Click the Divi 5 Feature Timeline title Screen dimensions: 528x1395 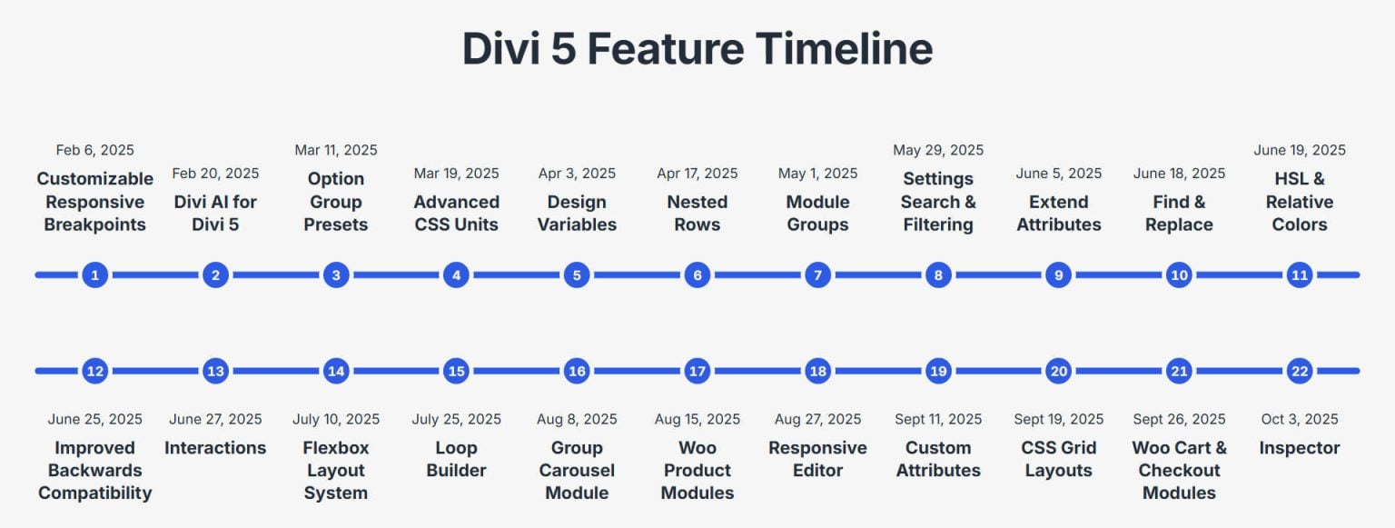pos(697,48)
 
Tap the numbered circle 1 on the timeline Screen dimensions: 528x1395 pos(95,274)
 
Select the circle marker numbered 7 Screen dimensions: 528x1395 pos(817,274)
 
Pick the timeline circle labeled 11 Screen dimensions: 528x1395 pos(1300,274)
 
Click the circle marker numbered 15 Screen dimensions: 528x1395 pos(456,371)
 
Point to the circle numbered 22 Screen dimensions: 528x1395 pos(1300,371)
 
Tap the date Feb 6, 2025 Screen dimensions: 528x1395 pos(95,150)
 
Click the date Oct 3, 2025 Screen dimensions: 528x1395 pos(1300,419)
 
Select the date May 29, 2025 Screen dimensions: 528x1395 pos(938,150)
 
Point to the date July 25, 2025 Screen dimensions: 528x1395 pos(456,419)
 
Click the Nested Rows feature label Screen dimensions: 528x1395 pos(697,213)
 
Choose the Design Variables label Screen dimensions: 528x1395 pos(577,213)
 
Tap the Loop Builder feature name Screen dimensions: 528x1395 pos(456,459)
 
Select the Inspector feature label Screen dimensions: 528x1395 pos(1300,447)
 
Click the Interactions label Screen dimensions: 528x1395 pos(215,447)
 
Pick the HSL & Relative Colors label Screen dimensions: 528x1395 pos(1300,202)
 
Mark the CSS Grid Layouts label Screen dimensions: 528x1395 pos(1059,459)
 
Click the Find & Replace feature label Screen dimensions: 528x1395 pos(1179,213)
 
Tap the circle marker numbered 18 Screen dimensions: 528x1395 pos(817,371)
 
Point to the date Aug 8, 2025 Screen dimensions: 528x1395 pos(577,419)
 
